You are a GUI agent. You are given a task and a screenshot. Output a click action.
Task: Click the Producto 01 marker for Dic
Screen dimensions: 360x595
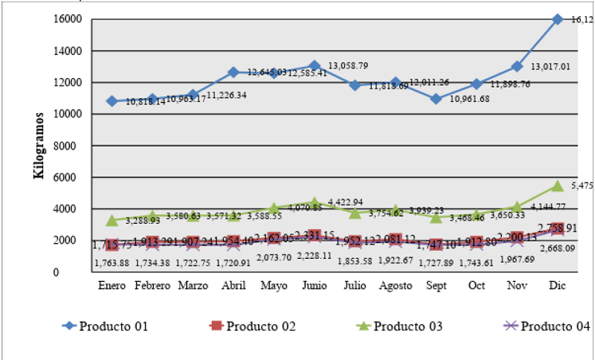[x=559, y=19]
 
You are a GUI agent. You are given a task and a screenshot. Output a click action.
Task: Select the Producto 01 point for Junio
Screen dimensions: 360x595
[x=315, y=66]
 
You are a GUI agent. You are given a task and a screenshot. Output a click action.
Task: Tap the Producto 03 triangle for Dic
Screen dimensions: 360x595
[x=559, y=185]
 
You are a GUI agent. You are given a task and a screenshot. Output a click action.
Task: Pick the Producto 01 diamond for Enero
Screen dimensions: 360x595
[x=112, y=101]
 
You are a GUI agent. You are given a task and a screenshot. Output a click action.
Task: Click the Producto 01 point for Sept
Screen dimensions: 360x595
[x=437, y=99]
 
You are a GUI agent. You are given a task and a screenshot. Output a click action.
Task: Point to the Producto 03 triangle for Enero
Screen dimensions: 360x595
[x=112, y=220]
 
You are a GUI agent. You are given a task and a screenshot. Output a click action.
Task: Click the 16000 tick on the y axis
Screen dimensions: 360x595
[x=68, y=19]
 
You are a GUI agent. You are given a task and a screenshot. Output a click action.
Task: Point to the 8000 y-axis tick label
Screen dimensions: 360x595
[x=71, y=146]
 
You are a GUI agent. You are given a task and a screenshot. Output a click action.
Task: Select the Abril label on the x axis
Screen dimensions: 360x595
[x=234, y=285]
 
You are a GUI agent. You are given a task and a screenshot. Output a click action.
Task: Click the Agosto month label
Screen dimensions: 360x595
[x=396, y=285]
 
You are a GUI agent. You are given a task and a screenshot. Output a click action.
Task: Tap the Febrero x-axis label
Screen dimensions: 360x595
[x=152, y=285]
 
